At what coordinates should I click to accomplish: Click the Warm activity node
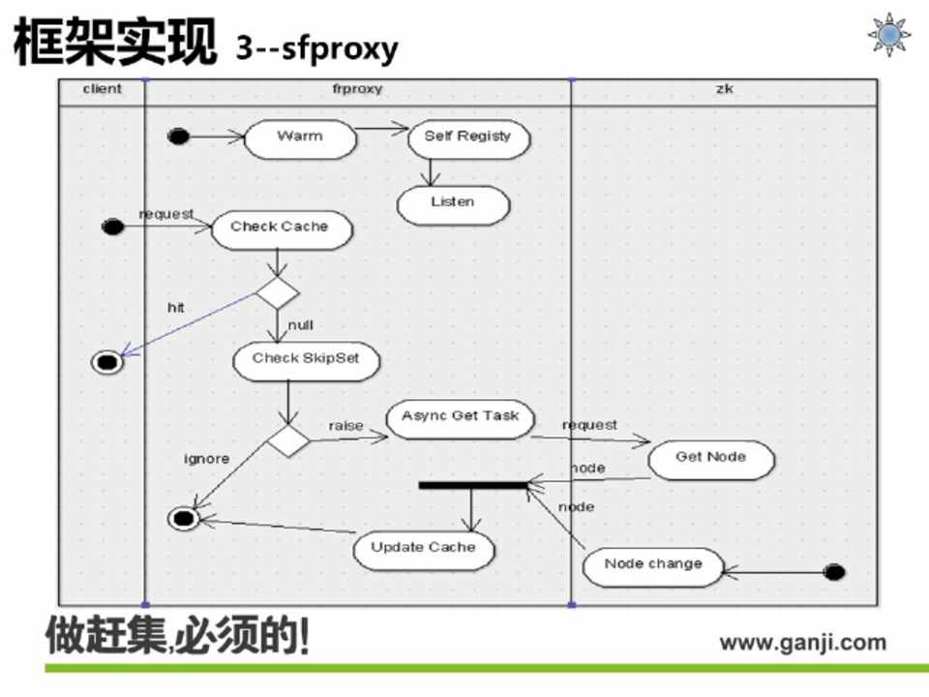pyautogui.click(x=300, y=138)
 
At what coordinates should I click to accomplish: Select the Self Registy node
pyautogui.click(x=468, y=138)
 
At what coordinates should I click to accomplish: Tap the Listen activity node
pyautogui.click(x=452, y=204)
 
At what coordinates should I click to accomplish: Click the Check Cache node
pyautogui.click(x=279, y=228)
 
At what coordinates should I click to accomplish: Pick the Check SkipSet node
pyautogui.click(x=306, y=360)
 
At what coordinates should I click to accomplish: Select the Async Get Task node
pyautogui.click(x=460, y=418)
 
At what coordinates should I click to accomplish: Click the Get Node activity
pyautogui.click(x=710, y=459)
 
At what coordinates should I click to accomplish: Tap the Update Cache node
pyautogui.click(x=424, y=549)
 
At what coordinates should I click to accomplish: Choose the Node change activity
pyautogui.click(x=653, y=565)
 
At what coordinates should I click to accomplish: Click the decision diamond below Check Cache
pyautogui.click(x=277, y=292)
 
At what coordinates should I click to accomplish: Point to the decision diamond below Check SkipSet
pyautogui.click(x=287, y=440)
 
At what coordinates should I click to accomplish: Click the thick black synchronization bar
pyautogui.click(x=473, y=484)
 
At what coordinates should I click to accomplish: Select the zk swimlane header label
pyautogui.click(x=724, y=89)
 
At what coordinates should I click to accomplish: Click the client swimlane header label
pyautogui.click(x=102, y=89)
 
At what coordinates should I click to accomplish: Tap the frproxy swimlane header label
pyautogui.click(x=357, y=89)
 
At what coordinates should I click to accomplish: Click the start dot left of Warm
pyautogui.click(x=178, y=136)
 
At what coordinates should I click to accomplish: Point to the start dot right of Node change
pyautogui.click(x=834, y=572)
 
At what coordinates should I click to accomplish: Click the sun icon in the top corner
pyautogui.click(x=887, y=34)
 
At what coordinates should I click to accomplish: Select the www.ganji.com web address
pyautogui.click(x=802, y=642)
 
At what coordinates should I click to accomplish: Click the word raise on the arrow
pyautogui.click(x=345, y=426)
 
